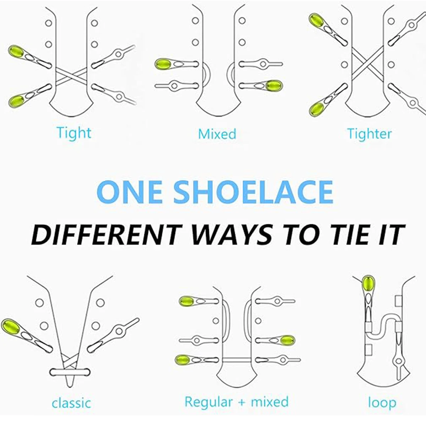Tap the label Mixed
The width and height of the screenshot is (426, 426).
tap(217, 134)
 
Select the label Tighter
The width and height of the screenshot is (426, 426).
tap(370, 134)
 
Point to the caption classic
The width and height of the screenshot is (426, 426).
tap(71, 403)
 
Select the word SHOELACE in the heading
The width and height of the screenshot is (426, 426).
tap(253, 192)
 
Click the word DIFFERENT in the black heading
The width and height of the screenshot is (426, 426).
tap(107, 235)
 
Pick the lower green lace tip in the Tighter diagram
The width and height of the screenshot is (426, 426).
tap(316, 109)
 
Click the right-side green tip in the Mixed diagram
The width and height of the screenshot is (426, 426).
tap(274, 86)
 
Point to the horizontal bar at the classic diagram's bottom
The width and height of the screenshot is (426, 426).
tap(70, 372)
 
